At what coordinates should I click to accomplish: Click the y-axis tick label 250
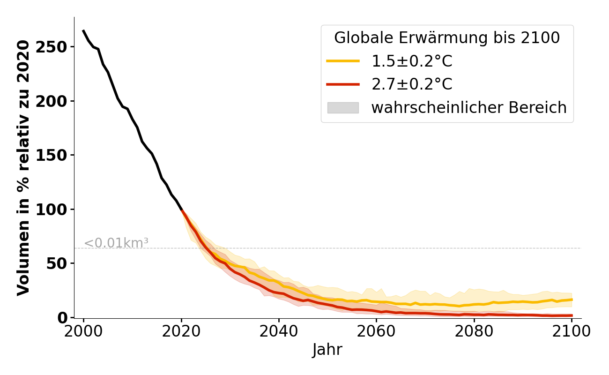pyautogui.click(x=55, y=47)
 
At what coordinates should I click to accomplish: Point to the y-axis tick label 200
pyautogui.click(x=55, y=101)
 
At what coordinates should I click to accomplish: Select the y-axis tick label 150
pyautogui.click(x=55, y=155)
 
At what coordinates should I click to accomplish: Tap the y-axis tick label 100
pyautogui.click(x=55, y=210)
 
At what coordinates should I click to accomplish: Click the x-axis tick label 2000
pyautogui.click(x=83, y=331)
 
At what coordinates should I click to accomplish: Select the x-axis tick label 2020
pyautogui.click(x=181, y=331)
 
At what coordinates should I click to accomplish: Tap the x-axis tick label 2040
pyautogui.click(x=279, y=331)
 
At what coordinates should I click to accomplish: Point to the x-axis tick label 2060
pyautogui.click(x=376, y=331)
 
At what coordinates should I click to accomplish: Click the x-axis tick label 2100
pyautogui.click(x=572, y=331)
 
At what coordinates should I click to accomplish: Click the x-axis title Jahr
pyautogui.click(x=327, y=350)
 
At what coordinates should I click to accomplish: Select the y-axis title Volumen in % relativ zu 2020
pyautogui.click(x=23, y=167)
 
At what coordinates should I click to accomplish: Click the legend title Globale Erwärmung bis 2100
pyautogui.click(x=447, y=38)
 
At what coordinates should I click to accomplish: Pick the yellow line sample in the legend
pyautogui.click(x=343, y=61)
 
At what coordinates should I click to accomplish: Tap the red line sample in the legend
pyautogui.click(x=343, y=84)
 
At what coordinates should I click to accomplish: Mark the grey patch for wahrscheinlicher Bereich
pyautogui.click(x=343, y=108)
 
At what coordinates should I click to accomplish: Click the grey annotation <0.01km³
pyautogui.click(x=116, y=243)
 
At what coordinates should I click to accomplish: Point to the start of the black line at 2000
pyautogui.click(x=83, y=30)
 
